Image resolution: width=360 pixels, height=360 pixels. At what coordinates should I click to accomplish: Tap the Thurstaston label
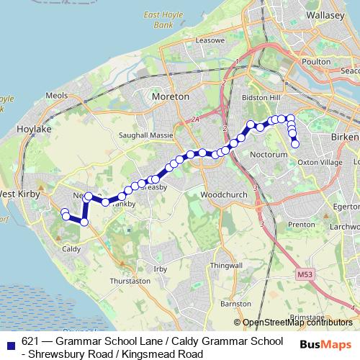[x=130, y=281]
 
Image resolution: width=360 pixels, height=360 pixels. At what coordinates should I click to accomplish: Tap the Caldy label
[x=71, y=249]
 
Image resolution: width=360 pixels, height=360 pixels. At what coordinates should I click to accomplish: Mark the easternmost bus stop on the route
[x=294, y=144]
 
